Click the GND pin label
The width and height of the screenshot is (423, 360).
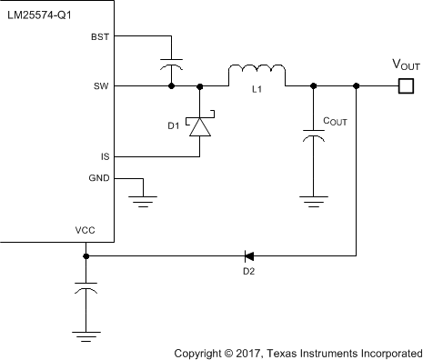coord(98,178)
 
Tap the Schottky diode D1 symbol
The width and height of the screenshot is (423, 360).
coord(199,125)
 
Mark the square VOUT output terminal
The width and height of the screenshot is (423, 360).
coord(406,86)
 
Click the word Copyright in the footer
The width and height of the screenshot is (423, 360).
coord(202,350)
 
